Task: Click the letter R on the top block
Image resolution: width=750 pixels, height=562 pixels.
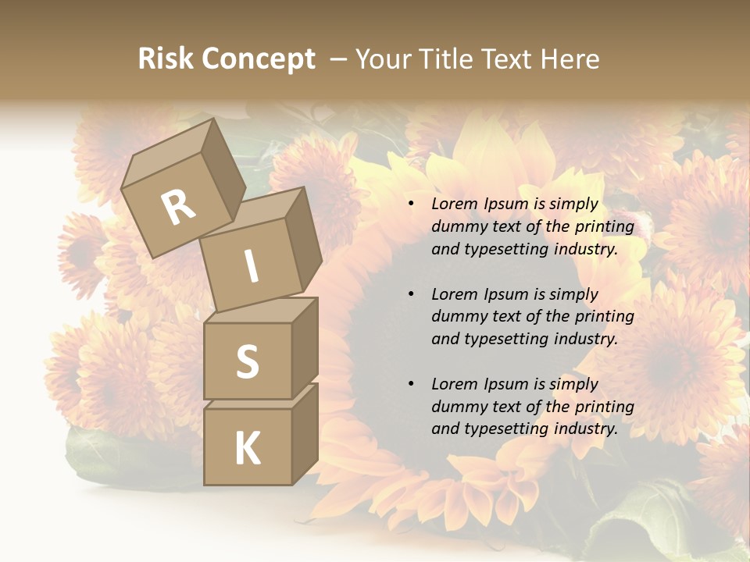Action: [x=178, y=207]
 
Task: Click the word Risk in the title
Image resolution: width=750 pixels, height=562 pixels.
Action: [x=165, y=59]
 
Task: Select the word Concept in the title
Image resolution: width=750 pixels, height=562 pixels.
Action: [x=257, y=59]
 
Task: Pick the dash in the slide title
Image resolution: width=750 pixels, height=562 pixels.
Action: [x=338, y=59]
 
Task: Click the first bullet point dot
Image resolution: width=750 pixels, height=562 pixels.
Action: [x=411, y=204]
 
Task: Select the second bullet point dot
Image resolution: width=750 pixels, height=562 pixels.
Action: [x=411, y=294]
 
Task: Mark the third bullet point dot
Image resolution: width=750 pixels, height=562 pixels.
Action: [x=411, y=384]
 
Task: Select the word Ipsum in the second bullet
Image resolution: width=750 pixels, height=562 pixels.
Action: [x=507, y=294]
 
